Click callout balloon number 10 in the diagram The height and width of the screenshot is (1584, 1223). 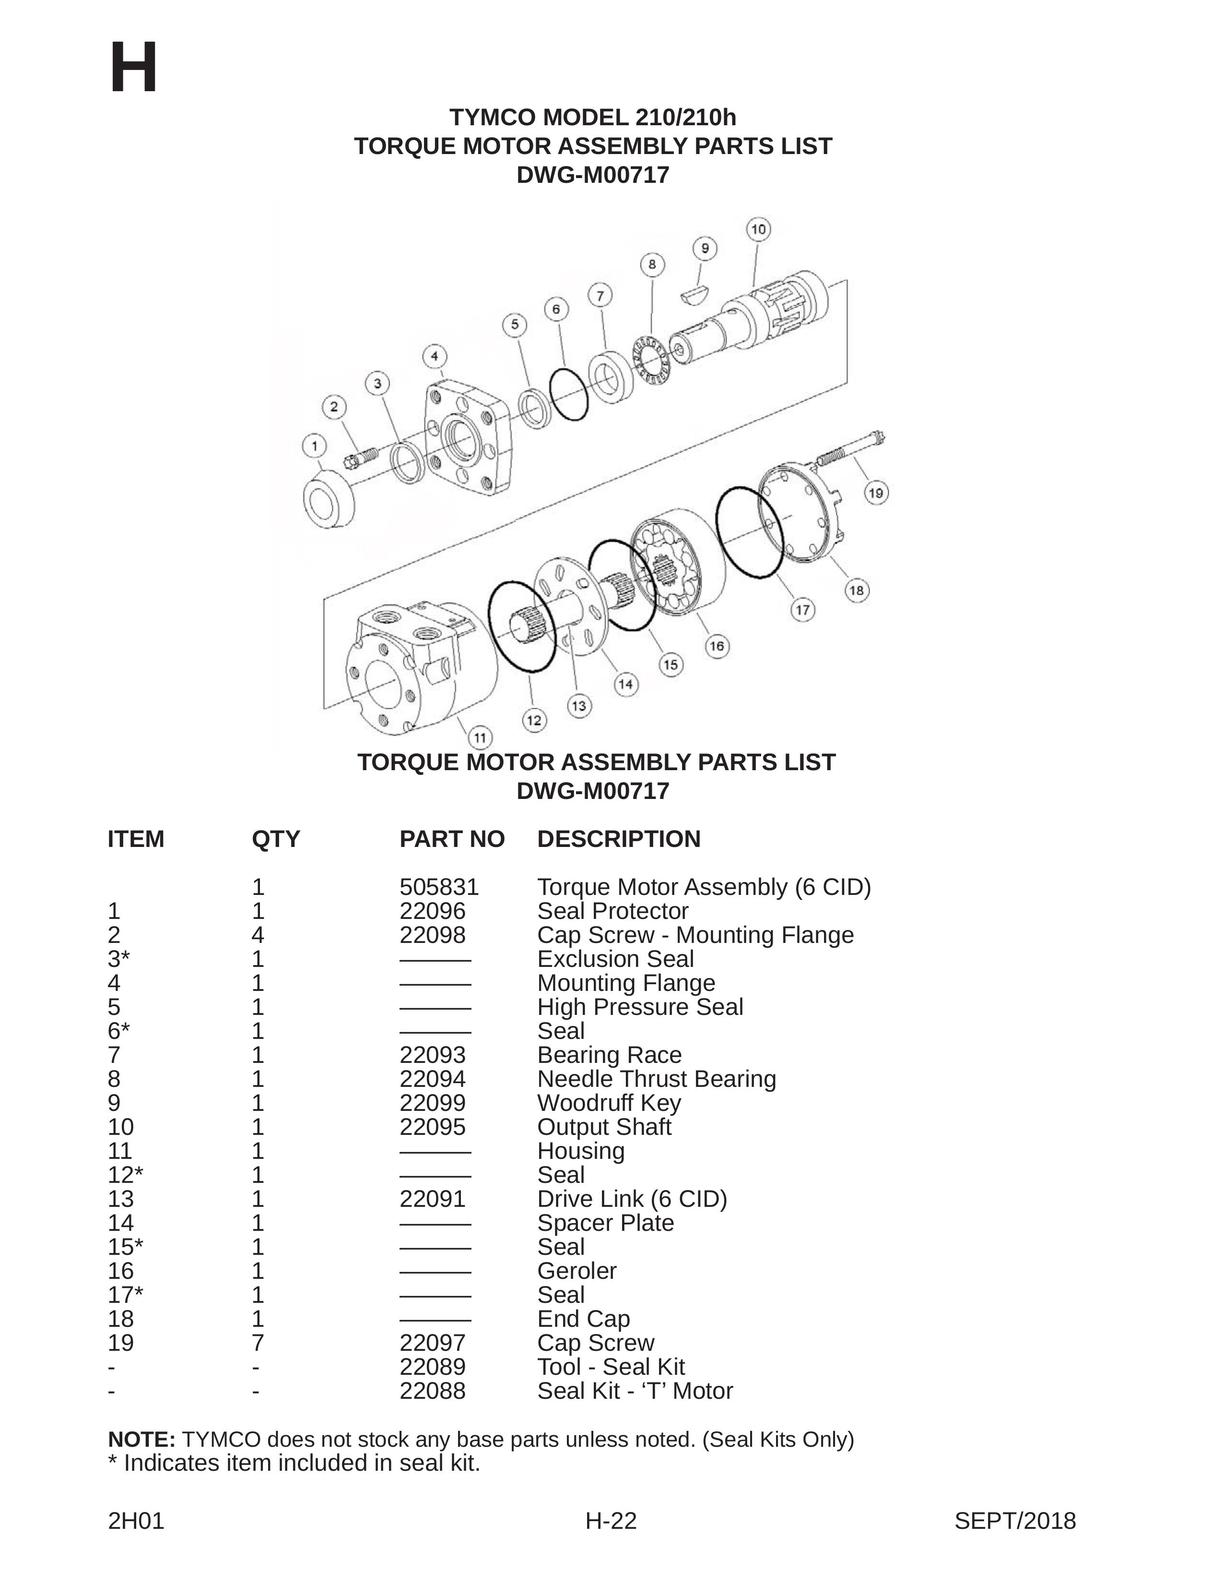[758, 230]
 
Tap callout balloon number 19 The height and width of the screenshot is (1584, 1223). [876, 493]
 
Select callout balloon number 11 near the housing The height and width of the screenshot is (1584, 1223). [479, 738]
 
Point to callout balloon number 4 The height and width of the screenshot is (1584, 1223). [434, 356]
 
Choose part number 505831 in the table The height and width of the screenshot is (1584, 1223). [439, 887]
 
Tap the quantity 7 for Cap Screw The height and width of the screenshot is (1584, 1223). [258, 1343]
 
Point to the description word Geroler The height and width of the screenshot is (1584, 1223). [577, 1271]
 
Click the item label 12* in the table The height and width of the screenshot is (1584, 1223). [125, 1175]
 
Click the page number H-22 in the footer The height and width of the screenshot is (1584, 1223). [611, 1520]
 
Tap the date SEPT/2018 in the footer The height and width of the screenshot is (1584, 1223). [1015, 1520]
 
